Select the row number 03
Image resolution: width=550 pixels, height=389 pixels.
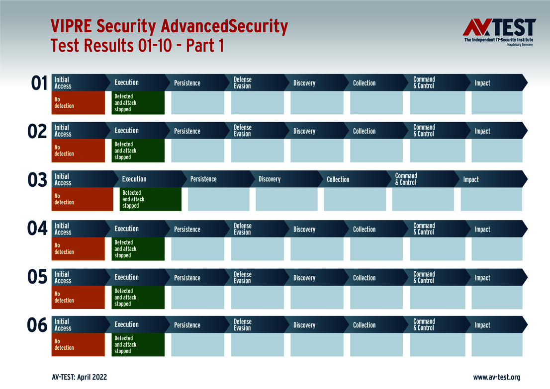pyautogui.click(x=37, y=180)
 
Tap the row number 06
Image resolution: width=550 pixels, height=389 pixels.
pyautogui.click(x=37, y=326)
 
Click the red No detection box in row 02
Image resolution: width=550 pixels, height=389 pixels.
pyautogui.click(x=78, y=151)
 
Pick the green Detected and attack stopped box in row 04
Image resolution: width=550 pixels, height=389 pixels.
pyautogui.click(x=138, y=249)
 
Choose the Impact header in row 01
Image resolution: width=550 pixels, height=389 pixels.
pyautogui.click(x=482, y=83)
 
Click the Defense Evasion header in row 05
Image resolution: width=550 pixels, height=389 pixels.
pyautogui.click(x=243, y=278)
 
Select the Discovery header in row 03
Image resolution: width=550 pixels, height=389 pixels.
pyautogui.click(x=270, y=179)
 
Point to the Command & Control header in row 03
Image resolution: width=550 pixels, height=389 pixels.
pyautogui.click(x=406, y=179)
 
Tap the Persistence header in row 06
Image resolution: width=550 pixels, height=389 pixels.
pyautogui.click(x=187, y=325)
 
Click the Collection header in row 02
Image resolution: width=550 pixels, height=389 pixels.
pyautogui.click(x=364, y=131)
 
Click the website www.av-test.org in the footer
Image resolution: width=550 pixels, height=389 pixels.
pyautogui.click(x=496, y=378)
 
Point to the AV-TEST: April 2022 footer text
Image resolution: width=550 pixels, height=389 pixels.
pyautogui.click(x=79, y=378)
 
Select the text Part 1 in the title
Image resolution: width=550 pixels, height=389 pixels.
pyautogui.click(x=204, y=46)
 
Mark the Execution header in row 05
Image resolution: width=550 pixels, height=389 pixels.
pyautogui.click(x=126, y=277)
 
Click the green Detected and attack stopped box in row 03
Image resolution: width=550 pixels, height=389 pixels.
pyautogui.click(x=150, y=199)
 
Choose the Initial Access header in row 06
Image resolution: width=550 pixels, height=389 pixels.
pyautogui.click(x=63, y=325)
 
